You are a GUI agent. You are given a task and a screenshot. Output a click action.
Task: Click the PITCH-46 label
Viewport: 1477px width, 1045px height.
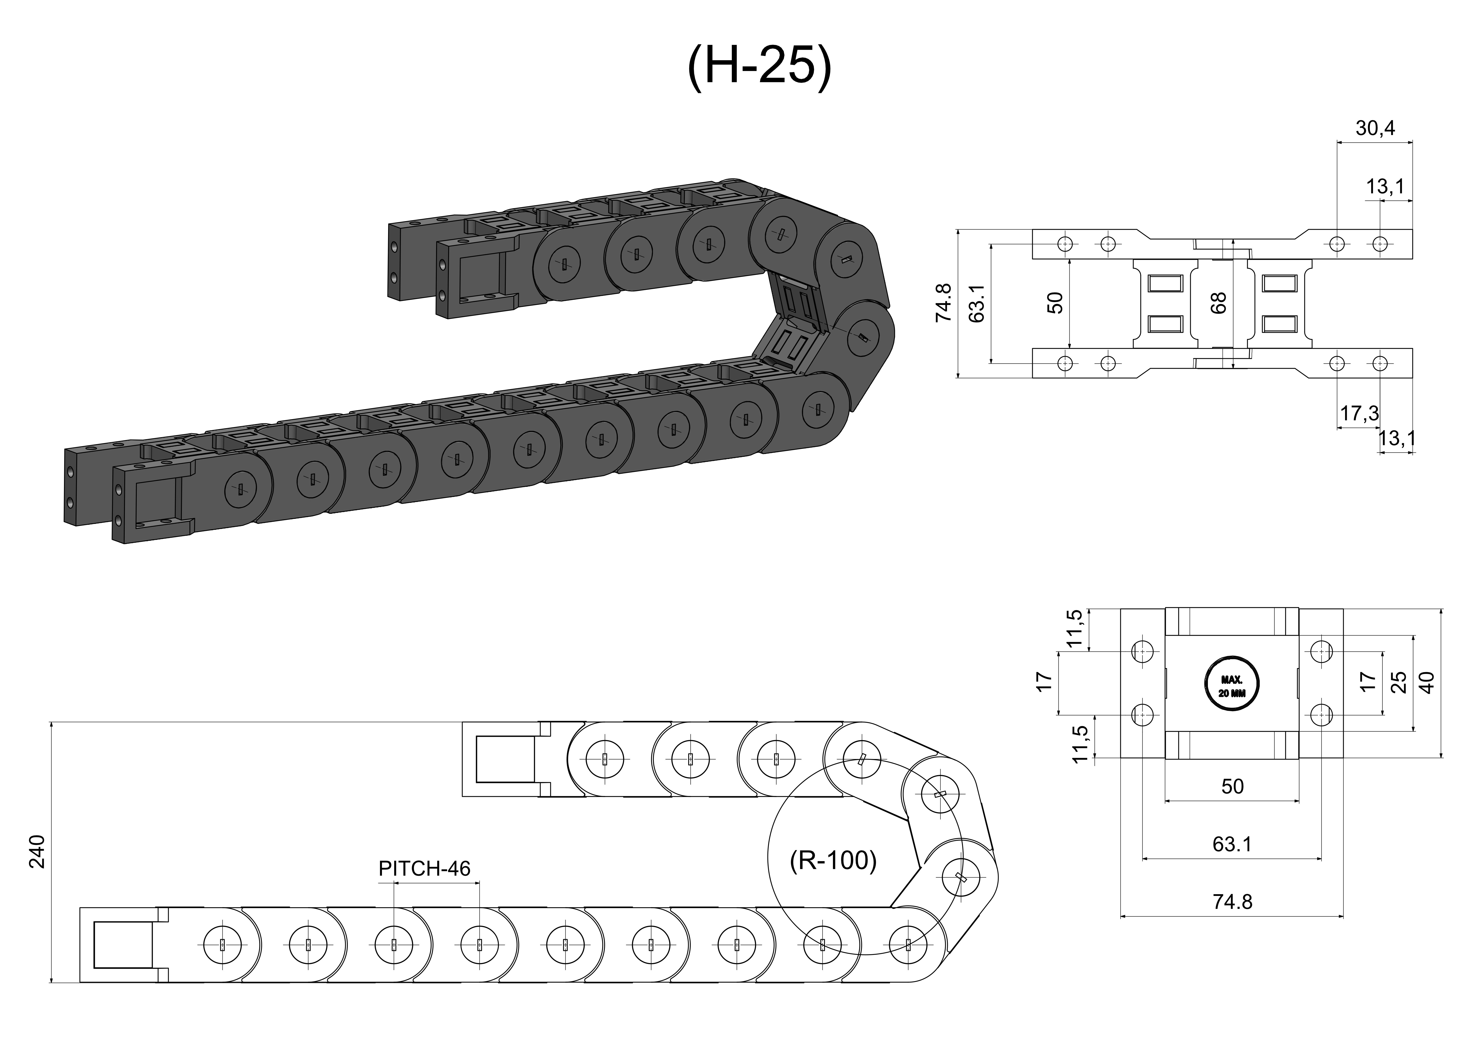(424, 869)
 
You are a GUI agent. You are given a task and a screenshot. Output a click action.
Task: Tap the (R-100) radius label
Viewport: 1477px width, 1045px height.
(833, 860)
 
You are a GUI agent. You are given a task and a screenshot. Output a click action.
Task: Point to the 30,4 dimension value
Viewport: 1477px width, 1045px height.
(1375, 129)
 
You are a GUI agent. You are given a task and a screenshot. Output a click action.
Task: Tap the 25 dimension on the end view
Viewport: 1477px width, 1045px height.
(1399, 682)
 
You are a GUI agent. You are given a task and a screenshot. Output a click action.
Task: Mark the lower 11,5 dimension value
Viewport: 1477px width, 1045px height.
(1080, 744)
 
